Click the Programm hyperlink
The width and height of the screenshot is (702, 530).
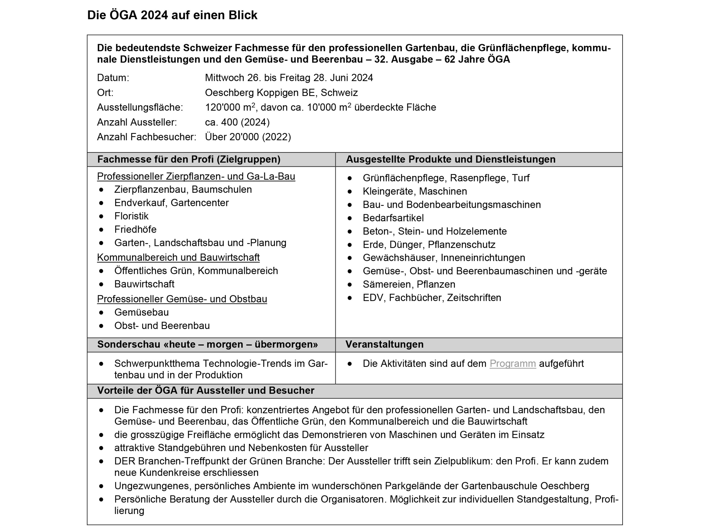point(512,364)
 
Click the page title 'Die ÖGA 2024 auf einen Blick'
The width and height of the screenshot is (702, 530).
point(172,15)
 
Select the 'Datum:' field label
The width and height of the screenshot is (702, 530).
point(113,78)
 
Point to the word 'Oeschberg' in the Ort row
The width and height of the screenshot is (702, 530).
point(229,93)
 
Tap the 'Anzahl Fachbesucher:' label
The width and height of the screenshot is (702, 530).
point(146,137)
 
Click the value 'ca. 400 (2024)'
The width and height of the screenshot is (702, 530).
point(237,122)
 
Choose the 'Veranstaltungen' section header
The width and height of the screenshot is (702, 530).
point(384,344)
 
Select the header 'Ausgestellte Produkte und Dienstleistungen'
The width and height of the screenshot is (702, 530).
point(450,159)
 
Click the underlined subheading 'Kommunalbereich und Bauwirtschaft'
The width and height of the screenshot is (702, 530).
point(178,257)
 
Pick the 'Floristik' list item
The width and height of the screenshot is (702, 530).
point(131,216)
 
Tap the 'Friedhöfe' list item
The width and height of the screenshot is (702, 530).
point(135,229)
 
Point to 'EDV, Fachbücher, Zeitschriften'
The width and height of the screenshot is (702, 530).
point(432,298)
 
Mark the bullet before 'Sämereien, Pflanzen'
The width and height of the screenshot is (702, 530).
point(349,284)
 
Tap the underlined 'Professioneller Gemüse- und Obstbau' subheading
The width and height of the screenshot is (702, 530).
point(182,299)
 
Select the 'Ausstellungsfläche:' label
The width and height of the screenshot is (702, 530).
point(140,108)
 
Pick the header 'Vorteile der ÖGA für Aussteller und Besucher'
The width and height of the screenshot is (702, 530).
point(205,390)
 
